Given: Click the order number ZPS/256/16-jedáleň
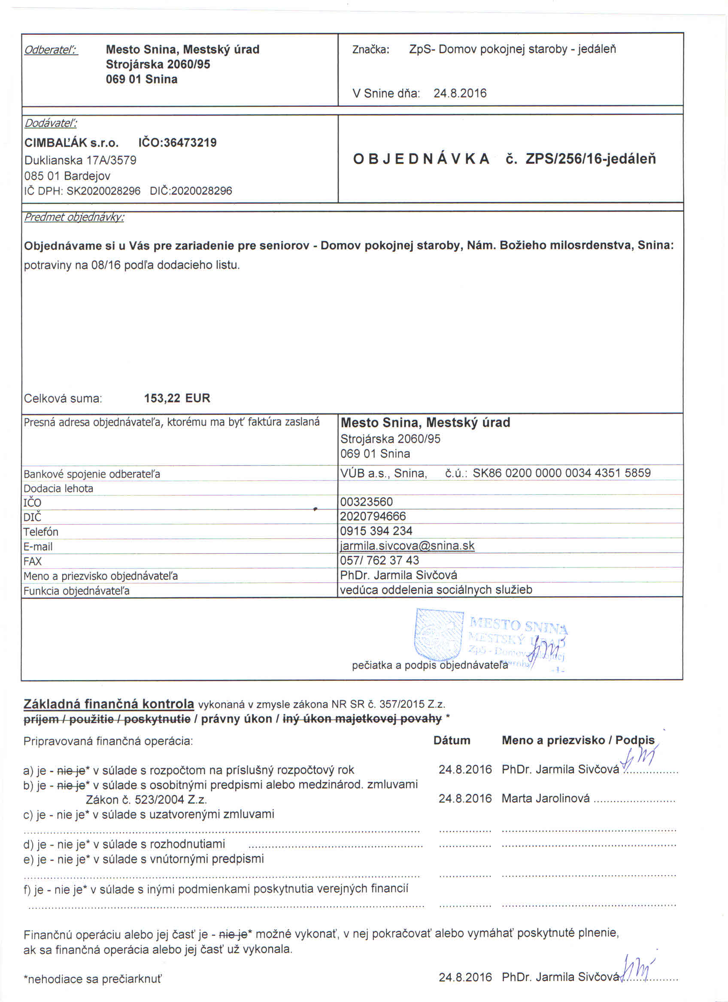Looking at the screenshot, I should [591, 159].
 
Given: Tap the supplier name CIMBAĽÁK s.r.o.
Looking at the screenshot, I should [71, 143].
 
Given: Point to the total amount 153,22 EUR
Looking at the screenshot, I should [177, 398].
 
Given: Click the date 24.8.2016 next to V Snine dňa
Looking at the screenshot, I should [460, 93].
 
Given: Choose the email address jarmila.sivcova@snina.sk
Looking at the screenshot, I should [407, 546].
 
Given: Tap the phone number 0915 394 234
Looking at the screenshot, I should [376, 531].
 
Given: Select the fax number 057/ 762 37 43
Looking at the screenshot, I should [379, 560].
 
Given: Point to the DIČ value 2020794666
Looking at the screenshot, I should [373, 516].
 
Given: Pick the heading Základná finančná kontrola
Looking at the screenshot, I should [109, 704].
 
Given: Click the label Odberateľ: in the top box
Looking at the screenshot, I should [51, 50].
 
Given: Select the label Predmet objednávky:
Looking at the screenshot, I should [74, 217].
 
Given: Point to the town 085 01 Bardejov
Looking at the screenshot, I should [67, 176].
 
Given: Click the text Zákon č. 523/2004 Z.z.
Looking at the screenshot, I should [146, 800].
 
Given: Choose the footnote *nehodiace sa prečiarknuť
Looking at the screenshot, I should [93, 979].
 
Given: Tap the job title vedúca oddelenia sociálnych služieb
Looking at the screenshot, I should [436, 590].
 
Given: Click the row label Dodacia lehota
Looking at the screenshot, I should [58, 488].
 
